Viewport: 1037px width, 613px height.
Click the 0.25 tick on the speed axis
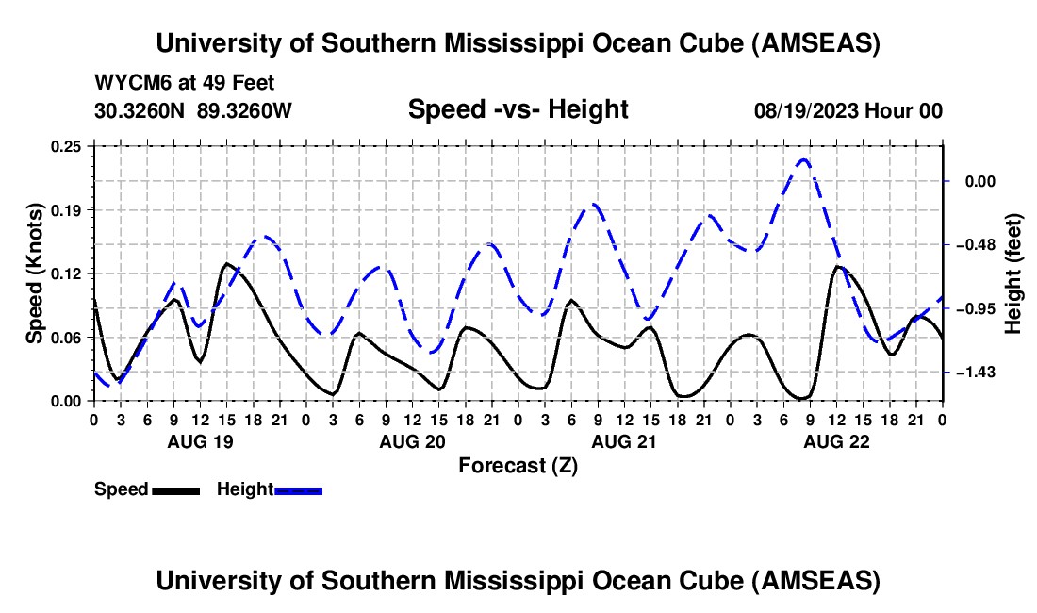click(x=73, y=146)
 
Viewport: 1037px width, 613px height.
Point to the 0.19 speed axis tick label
click(x=73, y=209)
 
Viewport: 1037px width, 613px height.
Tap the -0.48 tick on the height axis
click(x=971, y=245)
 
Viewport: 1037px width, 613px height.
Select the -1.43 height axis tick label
click(x=971, y=373)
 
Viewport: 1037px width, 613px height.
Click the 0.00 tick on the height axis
click(x=975, y=181)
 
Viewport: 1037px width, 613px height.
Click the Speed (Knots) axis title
click(x=35, y=273)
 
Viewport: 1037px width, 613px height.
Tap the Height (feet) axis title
click(x=1013, y=273)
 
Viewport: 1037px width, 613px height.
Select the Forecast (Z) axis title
click(x=518, y=465)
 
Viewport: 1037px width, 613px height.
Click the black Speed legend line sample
click(x=174, y=490)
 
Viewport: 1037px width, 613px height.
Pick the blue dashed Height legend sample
click(x=298, y=490)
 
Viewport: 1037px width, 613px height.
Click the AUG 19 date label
click(x=200, y=441)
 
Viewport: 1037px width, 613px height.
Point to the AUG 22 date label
click(x=836, y=441)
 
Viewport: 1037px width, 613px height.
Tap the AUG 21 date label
click(x=624, y=441)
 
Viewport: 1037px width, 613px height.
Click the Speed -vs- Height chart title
click(x=518, y=109)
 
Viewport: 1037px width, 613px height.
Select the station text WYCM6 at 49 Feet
click(x=185, y=83)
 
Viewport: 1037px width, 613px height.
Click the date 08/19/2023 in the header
click(x=805, y=110)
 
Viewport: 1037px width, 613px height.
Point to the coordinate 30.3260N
click(x=140, y=110)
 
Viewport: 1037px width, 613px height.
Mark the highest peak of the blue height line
click(x=803, y=159)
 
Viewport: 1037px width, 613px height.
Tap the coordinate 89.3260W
click(x=245, y=110)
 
